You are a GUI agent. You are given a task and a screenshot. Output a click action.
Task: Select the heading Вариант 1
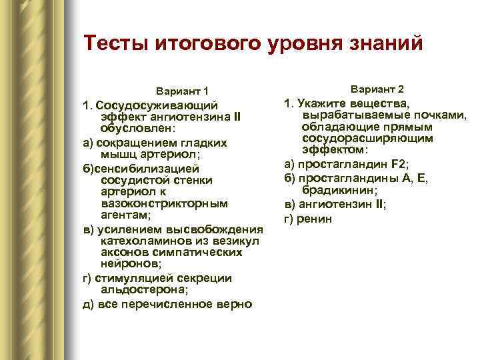pyautogui.click(x=182, y=91)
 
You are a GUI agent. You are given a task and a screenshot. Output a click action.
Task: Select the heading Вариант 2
pyautogui.click(x=377, y=89)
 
